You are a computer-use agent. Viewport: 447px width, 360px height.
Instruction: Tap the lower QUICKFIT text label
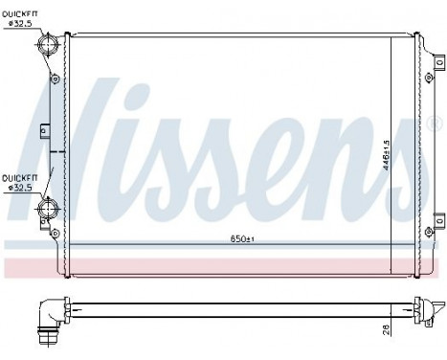tap(20, 178)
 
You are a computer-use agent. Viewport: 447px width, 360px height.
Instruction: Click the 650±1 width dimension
tap(227, 236)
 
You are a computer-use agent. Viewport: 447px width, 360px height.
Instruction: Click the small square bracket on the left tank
tap(44, 129)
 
